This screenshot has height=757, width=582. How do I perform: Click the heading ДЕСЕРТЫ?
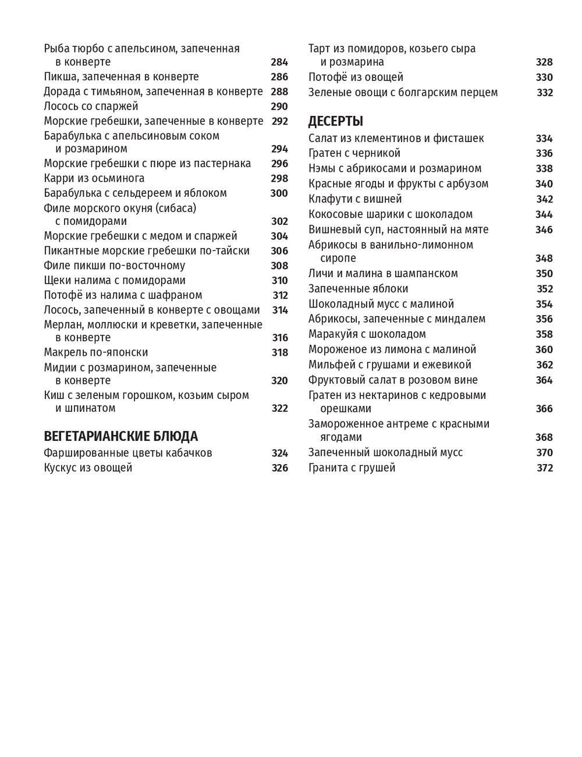[335, 122]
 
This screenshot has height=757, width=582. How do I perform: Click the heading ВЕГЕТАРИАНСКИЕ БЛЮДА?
[120, 436]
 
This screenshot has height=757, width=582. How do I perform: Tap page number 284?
[279, 62]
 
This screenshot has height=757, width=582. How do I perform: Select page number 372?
[544, 468]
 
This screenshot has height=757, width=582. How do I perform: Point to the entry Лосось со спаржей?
[91, 106]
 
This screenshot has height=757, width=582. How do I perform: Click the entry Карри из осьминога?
[94, 178]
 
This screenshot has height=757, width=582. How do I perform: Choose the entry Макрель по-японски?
[95, 352]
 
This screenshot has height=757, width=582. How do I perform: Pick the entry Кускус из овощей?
[88, 468]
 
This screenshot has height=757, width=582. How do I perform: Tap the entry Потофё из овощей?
[356, 77]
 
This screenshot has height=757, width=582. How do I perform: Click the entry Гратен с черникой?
[354, 153]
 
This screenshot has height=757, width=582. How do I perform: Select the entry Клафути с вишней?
[355, 199]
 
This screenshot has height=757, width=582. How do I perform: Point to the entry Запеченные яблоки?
[358, 289]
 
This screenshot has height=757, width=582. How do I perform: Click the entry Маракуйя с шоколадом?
[367, 334]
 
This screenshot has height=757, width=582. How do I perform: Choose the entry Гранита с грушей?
[352, 468]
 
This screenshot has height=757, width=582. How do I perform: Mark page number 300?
[279, 193]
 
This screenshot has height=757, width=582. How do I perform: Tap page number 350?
[544, 274]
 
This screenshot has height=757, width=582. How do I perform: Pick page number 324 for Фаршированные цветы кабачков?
[279, 452]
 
